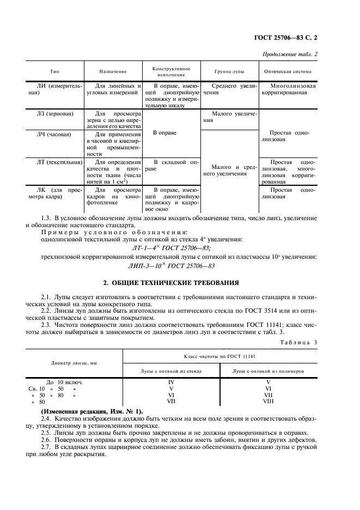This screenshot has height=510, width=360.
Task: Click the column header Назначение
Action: [113, 71]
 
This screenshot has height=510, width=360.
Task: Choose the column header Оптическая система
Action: [288, 71]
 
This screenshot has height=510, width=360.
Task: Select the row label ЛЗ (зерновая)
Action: [53, 113]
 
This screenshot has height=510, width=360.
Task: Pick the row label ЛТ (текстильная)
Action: [56, 162]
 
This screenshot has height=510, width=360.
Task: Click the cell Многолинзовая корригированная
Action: [288, 89]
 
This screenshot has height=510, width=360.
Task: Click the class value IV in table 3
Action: [171, 382]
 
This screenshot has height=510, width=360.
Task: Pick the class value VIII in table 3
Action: [268, 402]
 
